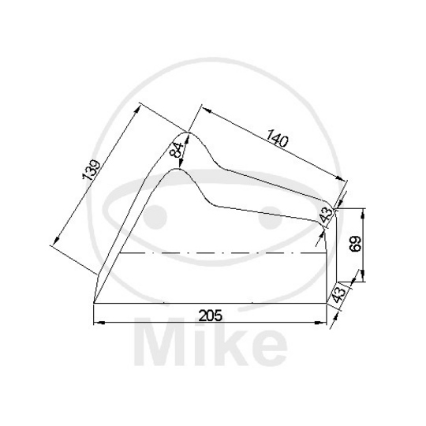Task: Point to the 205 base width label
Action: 210,315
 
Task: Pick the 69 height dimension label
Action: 354,243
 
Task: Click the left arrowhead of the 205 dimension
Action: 98,323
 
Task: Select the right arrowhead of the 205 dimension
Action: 326,323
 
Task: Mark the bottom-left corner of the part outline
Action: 94,303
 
